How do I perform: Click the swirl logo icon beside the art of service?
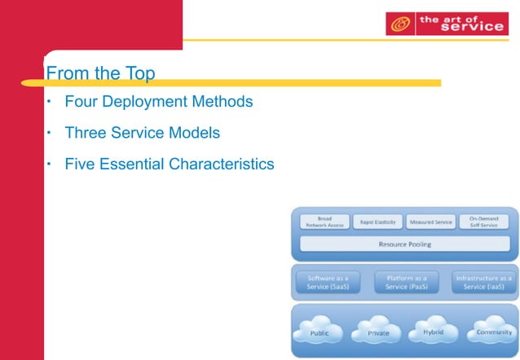pos(399,24)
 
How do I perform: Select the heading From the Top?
pos(100,73)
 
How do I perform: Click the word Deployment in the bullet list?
pos(146,103)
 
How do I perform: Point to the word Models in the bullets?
pos(196,133)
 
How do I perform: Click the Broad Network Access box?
pos(324,222)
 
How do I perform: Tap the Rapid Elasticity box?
pos(377,222)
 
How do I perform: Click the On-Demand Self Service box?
pos(484,222)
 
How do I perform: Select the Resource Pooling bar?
pos(404,244)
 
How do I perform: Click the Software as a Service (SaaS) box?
pos(324,282)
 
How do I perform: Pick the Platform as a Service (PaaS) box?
pos(404,282)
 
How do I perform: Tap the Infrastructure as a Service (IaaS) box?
pos(483,282)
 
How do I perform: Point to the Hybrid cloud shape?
pos(433,331)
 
